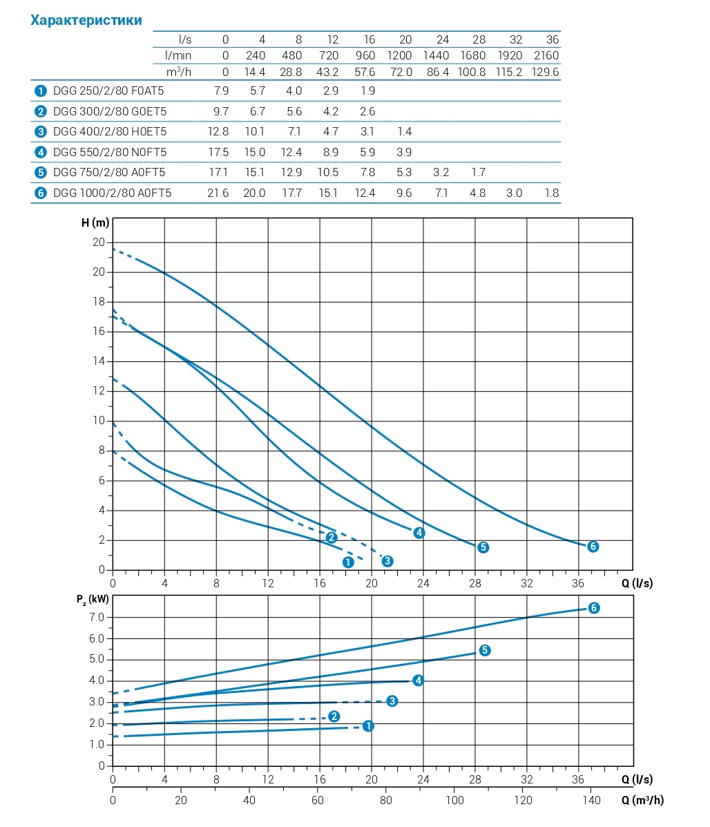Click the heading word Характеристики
click(x=86, y=20)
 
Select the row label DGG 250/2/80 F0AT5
click(x=108, y=91)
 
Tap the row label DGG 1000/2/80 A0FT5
click(x=112, y=193)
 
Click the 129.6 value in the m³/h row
click(x=546, y=72)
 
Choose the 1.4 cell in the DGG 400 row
click(x=403, y=131)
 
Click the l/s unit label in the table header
click(x=184, y=39)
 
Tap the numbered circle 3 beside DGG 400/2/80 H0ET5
click(x=40, y=131)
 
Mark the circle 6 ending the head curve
click(x=593, y=546)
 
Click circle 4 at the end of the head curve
click(x=419, y=533)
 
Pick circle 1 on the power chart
click(x=368, y=726)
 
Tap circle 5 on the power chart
click(x=485, y=650)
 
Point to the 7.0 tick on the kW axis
click(x=97, y=617)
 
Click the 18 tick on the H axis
click(x=99, y=302)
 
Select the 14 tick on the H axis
click(x=99, y=361)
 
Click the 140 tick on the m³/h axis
click(x=591, y=800)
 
